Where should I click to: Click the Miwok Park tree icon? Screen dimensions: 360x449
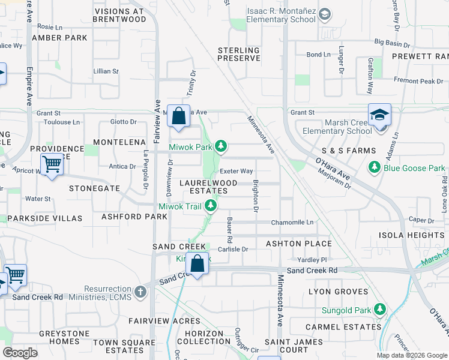(221, 146)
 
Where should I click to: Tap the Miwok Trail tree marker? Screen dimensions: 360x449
(210, 206)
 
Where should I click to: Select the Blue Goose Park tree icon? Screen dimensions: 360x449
(375, 167)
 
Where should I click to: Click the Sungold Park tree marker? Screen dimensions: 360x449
(379, 309)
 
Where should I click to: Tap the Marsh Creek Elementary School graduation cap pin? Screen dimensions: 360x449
(379, 114)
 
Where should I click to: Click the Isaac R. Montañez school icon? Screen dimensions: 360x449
(325, 14)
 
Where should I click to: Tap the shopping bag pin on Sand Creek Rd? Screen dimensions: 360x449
(197, 263)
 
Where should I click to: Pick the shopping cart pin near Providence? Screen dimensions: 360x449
(52, 164)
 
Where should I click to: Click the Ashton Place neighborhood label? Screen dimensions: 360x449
(299, 244)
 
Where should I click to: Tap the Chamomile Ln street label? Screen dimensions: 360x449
(292, 223)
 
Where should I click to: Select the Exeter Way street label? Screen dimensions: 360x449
(240, 172)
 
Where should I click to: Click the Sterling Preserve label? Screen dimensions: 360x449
(238, 55)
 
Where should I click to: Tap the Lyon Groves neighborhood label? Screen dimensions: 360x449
(338, 292)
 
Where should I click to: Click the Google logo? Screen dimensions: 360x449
(20, 353)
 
